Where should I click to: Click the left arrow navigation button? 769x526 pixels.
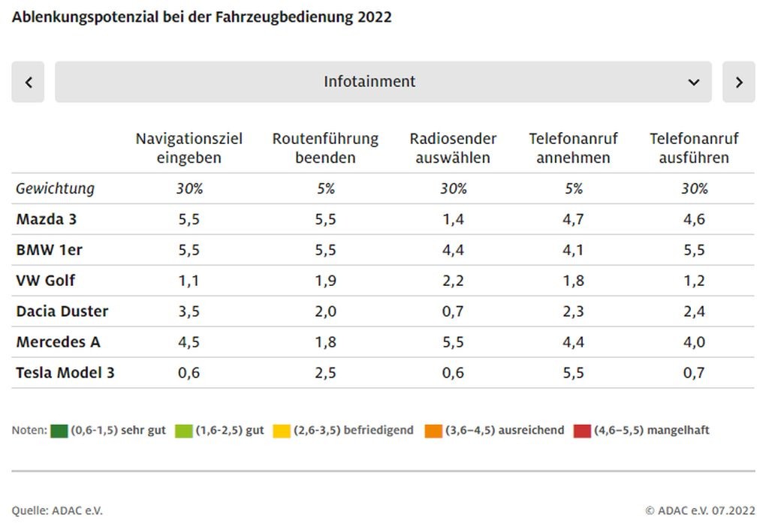pyautogui.click(x=28, y=82)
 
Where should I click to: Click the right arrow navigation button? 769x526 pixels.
pyautogui.click(x=739, y=82)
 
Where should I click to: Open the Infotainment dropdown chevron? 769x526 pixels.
pyautogui.click(x=693, y=82)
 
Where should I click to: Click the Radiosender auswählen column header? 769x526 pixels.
pyautogui.click(x=453, y=148)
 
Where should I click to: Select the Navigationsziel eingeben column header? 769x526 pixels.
pyautogui.click(x=189, y=148)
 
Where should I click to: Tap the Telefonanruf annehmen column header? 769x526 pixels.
pyautogui.click(x=573, y=148)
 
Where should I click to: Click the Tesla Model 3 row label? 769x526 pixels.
pyautogui.click(x=65, y=372)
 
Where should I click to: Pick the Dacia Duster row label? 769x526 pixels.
pyautogui.click(x=62, y=311)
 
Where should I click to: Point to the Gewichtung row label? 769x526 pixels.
pyautogui.click(x=55, y=188)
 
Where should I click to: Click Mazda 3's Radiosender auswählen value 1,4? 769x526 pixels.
pyautogui.click(x=453, y=219)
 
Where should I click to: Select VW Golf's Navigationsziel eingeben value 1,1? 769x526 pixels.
pyautogui.click(x=189, y=281)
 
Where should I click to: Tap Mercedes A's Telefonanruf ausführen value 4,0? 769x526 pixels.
pyautogui.click(x=694, y=341)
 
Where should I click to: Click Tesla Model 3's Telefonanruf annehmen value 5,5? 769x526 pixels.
pyautogui.click(x=573, y=372)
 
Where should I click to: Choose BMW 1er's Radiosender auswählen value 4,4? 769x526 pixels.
pyautogui.click(x=453, y=250)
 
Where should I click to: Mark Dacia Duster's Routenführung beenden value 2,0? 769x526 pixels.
pyautogui.click(x=325, y=311)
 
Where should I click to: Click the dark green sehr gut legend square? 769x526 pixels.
pyautogui.click(x=59, y=431)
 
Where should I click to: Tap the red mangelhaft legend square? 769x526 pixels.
pyautogui.click(x=582, y=431)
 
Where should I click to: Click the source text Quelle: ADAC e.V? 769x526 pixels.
pyautogui.click(x=57, y=510)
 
